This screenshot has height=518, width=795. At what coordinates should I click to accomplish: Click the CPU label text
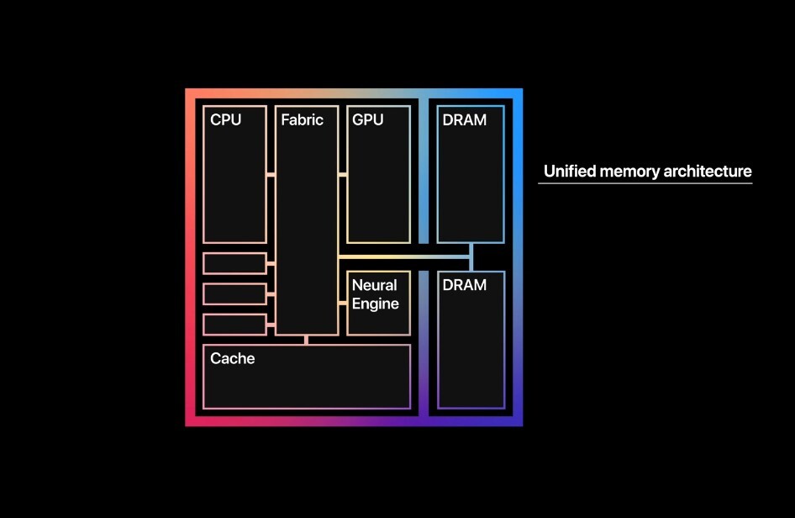(x=225, y=120)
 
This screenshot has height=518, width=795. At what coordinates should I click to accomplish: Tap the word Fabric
(x=303, y=120)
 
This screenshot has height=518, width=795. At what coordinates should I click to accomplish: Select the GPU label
(x=367, y=120)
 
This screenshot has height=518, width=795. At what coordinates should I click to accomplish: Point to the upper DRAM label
(x=464, y=120)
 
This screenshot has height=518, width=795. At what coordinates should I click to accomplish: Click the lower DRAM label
(x=464, y=285)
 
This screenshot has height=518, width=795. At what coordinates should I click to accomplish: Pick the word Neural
(x=374, y=286)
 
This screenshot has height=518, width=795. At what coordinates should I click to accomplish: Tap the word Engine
(x=375, y=304)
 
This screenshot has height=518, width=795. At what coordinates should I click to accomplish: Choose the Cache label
(x=232, y=359)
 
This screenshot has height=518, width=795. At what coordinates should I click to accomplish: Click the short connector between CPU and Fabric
(x=271, y=175)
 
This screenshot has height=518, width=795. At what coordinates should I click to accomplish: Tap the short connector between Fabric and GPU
(x=343, y=175)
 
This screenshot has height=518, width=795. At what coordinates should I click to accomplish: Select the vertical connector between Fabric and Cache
(x=307, y=340)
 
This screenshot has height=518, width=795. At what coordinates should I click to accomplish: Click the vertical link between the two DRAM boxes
(x=471, y=257)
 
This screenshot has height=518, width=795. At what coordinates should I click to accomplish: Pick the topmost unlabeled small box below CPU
(x=234, y=263)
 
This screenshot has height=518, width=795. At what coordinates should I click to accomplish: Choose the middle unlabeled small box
(x=234, y=293)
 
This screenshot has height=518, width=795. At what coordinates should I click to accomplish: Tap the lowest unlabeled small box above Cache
(x=234, y=324)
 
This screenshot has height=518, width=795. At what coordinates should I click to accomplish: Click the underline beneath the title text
(x=645, y=183)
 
